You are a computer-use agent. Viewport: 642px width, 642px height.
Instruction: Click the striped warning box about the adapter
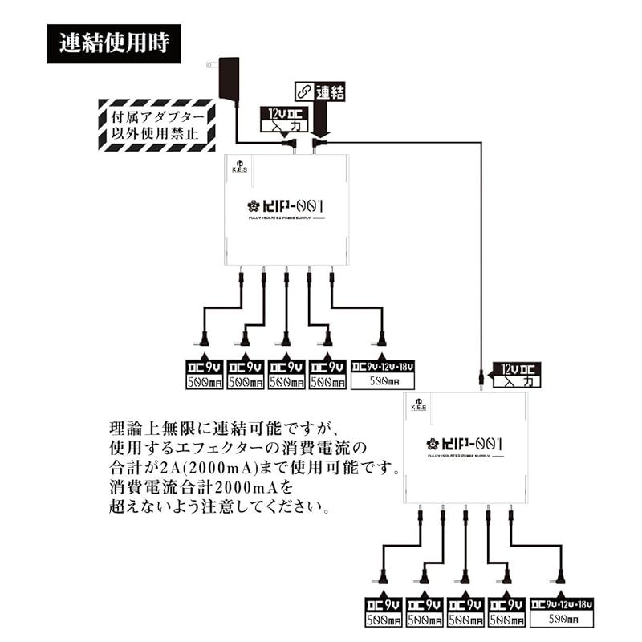[x=156, y=124]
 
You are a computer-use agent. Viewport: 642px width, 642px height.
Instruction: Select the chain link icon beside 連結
[x=303, y=91]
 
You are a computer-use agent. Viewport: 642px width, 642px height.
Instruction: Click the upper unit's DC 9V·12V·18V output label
[x=383, y=374]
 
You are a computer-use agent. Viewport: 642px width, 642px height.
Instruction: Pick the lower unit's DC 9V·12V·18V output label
[x=562, y=612]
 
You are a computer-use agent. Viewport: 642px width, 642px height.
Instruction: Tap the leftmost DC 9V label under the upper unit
[x=205, y=375]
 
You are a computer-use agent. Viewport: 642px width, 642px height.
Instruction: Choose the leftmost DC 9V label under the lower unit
[x=384, y=612]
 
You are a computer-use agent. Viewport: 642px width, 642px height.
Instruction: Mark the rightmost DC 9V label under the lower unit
[x=506, y=612]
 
